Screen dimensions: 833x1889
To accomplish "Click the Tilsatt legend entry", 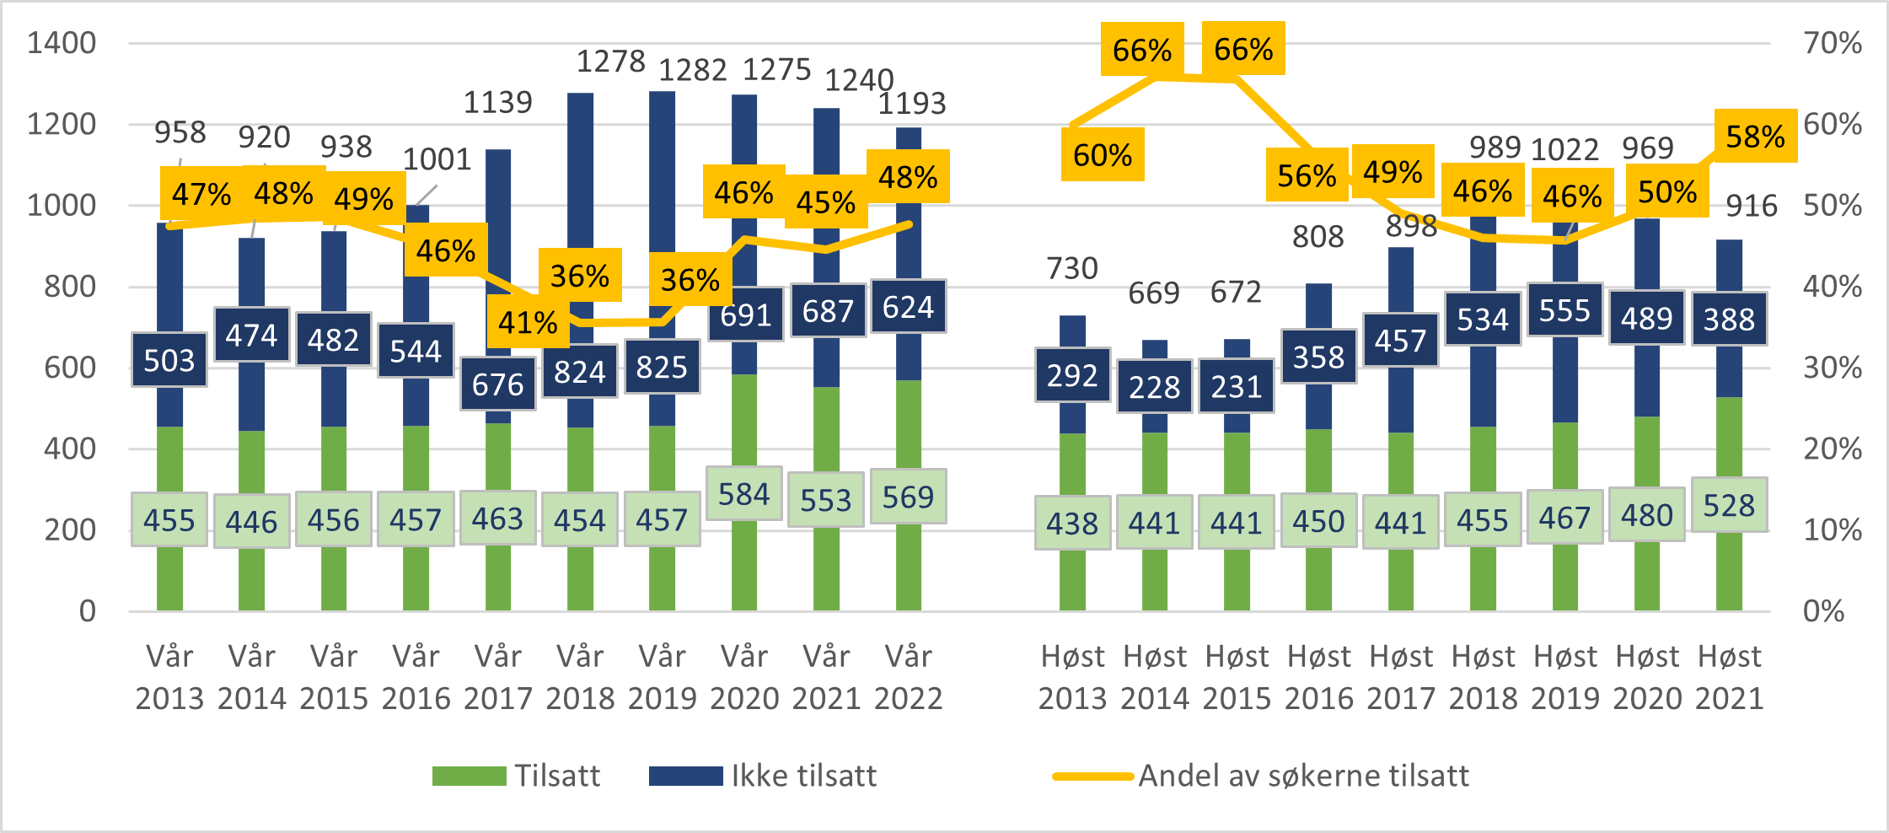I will tap(517, 776).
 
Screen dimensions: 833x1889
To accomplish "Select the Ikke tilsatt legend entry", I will tap(763, 776).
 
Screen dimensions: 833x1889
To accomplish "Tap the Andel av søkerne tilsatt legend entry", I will tap(1261, 776).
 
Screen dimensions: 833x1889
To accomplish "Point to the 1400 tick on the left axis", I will tap(62, 43).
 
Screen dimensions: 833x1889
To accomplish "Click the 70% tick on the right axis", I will tap(1833, 43).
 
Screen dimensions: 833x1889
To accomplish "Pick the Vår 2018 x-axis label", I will tap(580, 677).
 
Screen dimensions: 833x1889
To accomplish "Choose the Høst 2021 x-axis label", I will tap(1729, 677).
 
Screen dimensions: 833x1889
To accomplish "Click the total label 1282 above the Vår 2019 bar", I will tap(692, 70).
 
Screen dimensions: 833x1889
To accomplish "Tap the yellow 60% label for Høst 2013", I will tap(1103, 155).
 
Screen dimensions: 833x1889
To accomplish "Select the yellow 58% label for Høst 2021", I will tap(1755, 137).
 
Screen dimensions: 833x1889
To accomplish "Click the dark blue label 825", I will tap(662, 367).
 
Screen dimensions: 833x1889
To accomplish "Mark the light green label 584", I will tap(743, 494).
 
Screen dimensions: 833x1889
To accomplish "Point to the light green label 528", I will tap(1729, 506).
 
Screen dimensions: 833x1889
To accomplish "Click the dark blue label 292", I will tap(1072, 375).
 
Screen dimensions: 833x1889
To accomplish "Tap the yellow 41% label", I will tap(528, 322).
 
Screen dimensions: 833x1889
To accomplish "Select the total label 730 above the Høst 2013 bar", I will tap(1072, 268).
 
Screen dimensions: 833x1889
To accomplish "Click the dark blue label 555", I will tap(1564, 310).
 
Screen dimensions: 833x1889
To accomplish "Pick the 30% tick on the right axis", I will tap(1833, 368).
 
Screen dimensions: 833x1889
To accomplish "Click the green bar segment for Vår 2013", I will tap(169, 573).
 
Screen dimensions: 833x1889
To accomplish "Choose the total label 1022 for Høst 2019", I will tap(1564, 150).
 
